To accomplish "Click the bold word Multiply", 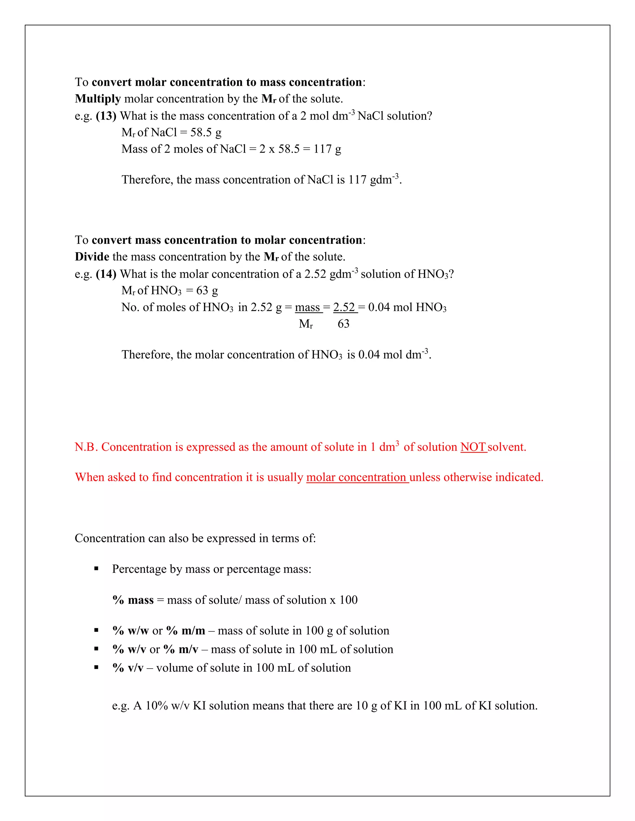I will click(97, 99).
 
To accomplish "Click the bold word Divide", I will click(92, 257).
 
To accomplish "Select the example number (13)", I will click(106, 116).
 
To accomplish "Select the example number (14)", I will click(106, 274).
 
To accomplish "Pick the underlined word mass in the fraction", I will click(307, 308).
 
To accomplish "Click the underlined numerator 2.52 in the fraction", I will click(344, 308).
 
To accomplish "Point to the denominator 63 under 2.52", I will click(344, 324).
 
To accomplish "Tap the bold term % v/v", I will click(128, 668).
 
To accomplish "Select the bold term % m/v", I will click(181, 649).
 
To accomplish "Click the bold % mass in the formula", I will click(133, 600).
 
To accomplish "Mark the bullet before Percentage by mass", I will click(96, 569).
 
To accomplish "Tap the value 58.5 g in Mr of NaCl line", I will click(206, 132).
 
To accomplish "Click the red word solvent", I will click(507, 447).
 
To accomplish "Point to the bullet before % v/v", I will click(96, 668).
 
